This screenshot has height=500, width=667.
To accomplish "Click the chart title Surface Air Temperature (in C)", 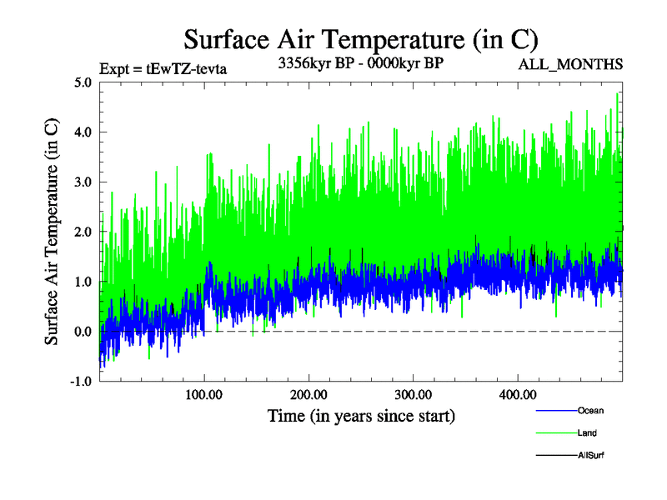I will click(x=360, y=39).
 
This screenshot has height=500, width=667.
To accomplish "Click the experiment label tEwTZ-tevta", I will click(x=163, y=68).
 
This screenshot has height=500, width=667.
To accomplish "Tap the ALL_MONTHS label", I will click(x=571, y=64).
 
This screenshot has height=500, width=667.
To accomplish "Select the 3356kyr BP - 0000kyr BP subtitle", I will click(x=359, y=63).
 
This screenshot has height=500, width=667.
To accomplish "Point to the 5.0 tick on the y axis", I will click(x=83, y=82).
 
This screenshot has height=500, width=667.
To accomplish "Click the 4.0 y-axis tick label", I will click(x=83, y=132).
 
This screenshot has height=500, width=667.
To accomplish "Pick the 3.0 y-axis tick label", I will click(x=83, y=182).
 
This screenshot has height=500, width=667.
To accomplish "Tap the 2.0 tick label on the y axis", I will click(x=83, y=232).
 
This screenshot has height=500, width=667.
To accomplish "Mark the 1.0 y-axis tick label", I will click(x=83, y=282).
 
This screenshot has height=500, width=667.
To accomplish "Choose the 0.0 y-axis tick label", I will click(x=83, y=332).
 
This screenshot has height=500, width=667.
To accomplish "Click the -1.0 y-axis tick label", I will click(x=81, y=382).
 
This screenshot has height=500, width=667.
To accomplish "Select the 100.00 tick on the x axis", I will click(x=204, y=394).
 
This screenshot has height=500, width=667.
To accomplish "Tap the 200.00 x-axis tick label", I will click(x=308, y=394).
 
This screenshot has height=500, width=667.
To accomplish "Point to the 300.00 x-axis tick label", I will click(x=413, y=394).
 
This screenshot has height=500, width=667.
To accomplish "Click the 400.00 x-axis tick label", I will click(x=517, y=394).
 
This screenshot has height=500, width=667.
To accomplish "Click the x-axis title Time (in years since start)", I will click(x=361, y=415).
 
